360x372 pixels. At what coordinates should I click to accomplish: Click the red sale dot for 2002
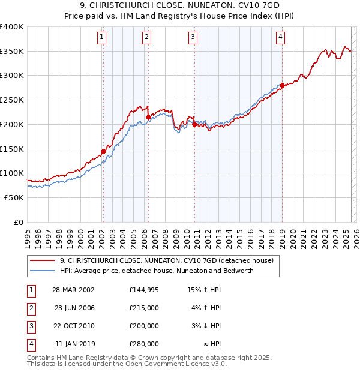tap(103, 151)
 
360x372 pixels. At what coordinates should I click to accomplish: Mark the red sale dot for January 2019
tap(282, 85)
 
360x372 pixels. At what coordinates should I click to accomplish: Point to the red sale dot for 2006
tap(148, 117)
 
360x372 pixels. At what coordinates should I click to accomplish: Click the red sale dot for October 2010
tap(194, 124)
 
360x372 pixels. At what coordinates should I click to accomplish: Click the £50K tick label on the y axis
tap(14, 197)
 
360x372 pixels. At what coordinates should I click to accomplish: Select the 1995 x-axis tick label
tap(28, 234)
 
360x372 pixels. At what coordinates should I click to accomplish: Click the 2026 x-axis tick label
tap(356, 234)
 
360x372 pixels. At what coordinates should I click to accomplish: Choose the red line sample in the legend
tap(43, 260)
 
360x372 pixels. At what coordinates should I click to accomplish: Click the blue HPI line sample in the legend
tap(43, 271)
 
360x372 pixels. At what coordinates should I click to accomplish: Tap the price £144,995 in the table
tap(144, 290)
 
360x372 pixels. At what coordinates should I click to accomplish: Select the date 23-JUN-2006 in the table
tap(74, 308)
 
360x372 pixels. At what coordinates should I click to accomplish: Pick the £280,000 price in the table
tap(144, 344)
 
